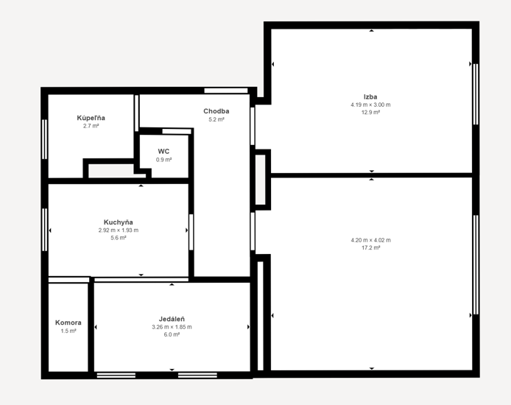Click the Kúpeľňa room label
pyautogui.click(x=91, y=118)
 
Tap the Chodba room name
pyautogui.click(x=216, y=111)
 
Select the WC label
pyautogui.click(x=163, y=152)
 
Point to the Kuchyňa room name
pyautogui.click(x=119, y=222)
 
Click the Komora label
pyautogui.click(x=68, y=323)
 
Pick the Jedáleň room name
pyautogui.click(x=172, y=319)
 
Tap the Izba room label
pyautogui.click(x=370, y=96)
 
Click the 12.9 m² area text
pyautogui.click(x=370, y=113)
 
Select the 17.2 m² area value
pyautogui.click(x=371, y=248)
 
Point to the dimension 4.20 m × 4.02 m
pyautogui.click(x=371, y=240)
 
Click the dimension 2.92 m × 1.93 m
pyautogui.click(x=119, y=230)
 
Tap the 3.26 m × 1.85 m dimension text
pyautogui.click(x=172, y=327)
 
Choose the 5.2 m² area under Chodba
pyautogui.click(x=216, y=119)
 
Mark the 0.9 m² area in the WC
pyautogui.click(x=164, y=160)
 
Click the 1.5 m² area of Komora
pyautogui.click(x=68, y=331)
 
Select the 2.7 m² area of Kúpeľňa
pyautogui.click(x=91, y=126)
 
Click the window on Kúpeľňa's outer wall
pyautogui.click(x=45, y=139)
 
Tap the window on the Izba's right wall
pyautogui.click(x=476, y=94)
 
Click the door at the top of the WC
pyautogui.click(x=177, y=131)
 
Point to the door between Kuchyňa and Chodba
pyautogui.click(x=191, y=232)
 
